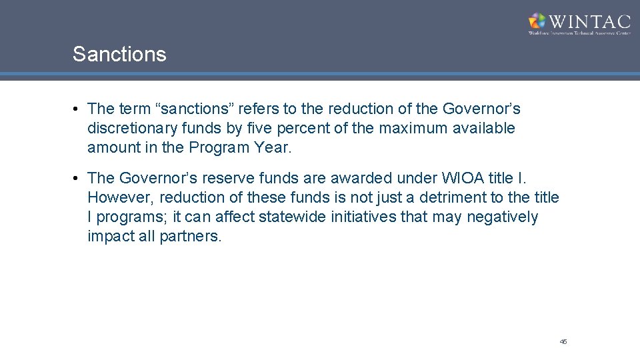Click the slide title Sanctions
(119, 55)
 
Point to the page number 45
(563, 341)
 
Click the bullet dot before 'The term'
(78, 108)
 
